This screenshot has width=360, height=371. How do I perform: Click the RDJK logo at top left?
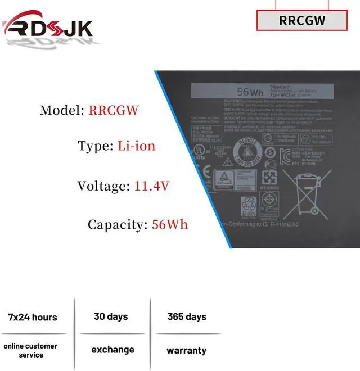(x=47, y=27)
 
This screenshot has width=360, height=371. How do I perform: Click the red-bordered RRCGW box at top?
(x=302, y=20)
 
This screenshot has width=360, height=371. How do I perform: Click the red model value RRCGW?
(x=113, y=110)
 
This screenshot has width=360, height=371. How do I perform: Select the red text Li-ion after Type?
(x=136, y=146)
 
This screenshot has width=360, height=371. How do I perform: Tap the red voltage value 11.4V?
(x=152, y=186)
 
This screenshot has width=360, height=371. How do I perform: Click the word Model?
(x=61, y=110)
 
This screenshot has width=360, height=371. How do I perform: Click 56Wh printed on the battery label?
(x=250, y=91)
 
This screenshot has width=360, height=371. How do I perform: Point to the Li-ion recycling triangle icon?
(x=249, y=207)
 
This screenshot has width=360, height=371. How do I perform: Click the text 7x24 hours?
(x=33, y=317)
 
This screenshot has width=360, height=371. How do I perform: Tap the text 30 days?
(x=111, y=316)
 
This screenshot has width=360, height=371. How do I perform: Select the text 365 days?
(x=187, y=316)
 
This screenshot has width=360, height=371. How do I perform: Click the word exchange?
(x=112, y=350)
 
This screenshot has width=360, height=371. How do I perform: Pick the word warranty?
(x=186, y=350)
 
